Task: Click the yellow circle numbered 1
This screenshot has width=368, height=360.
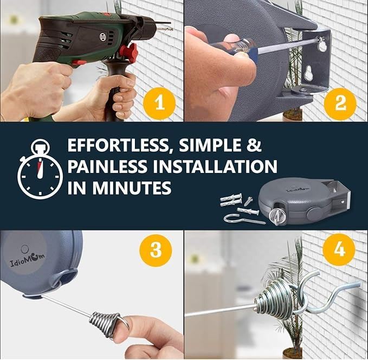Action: point(159,104)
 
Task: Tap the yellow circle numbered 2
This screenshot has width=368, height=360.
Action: point(340,104)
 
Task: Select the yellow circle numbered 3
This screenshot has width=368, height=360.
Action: point(156,250)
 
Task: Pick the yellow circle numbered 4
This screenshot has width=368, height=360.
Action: point(339,249)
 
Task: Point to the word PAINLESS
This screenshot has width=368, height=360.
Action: point(107,166)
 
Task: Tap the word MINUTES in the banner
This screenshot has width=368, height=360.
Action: point(132,188)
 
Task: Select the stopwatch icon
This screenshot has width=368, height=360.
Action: point(40,169)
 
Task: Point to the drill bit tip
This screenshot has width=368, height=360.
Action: point(172,29)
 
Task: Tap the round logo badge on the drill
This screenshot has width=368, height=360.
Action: point(104,36)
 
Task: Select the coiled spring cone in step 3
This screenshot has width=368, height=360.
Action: point(105,320)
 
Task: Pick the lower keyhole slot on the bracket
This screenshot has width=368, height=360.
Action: point(308,75)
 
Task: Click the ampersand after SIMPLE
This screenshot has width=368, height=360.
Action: point(254,145)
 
